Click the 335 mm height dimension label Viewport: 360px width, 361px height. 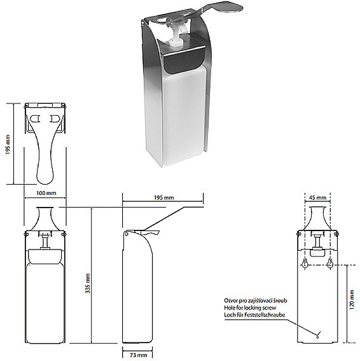(88, 283)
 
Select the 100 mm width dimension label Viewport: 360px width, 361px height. (46, 193)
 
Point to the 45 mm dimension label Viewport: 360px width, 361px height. (317, 197)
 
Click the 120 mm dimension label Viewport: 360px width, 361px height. (352, 299)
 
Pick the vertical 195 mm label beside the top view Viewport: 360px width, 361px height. (8, 145)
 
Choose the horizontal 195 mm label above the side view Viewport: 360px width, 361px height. (164, 197)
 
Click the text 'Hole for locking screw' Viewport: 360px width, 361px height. (250, 308)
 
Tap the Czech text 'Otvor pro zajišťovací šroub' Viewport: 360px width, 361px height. (256, 301)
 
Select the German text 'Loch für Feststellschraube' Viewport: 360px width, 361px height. (254, 315)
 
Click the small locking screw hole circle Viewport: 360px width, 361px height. (317, 337)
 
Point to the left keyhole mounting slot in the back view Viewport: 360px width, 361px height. (305, 264)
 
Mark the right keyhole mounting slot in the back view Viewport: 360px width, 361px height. (330, 264)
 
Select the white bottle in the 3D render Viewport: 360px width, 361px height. (184, 115)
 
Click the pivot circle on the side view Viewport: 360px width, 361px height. (127, 234)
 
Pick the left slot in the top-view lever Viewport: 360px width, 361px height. (35, 118)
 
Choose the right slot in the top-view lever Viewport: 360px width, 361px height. (55, 118)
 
